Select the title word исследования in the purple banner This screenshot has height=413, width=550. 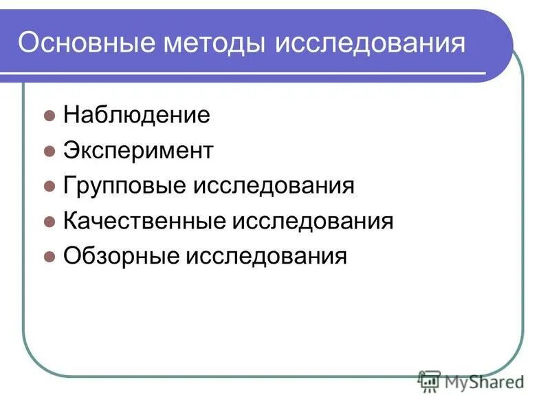click(370, 44)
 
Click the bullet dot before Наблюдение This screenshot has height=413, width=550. click(49, 116)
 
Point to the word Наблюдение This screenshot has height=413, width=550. click(136, 115)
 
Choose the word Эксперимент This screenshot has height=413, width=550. click(138, 151)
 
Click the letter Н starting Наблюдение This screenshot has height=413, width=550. click(70, 115)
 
